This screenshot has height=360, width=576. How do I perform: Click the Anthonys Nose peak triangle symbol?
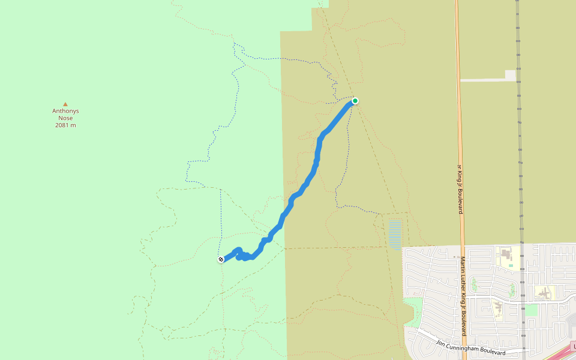pos(65,104)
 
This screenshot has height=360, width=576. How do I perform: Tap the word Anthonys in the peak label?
pos(65,111)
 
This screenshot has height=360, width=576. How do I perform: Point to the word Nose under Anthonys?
pos(65,118)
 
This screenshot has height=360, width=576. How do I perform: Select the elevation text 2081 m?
pos(65,125)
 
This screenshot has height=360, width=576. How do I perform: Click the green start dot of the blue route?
pos(355,101)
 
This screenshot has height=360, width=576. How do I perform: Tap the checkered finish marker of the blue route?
pos(221,259)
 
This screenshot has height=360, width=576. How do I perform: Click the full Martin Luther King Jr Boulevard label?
pos(463,296)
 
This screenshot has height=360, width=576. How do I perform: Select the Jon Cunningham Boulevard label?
pos(471,347)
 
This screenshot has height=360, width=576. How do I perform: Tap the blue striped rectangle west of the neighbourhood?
pos(395,234)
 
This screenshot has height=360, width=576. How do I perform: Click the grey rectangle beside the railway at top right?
pos(511,75)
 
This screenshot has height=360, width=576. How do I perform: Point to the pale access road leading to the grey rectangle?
pos(483,80)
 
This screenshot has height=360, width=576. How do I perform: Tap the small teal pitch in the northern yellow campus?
pos(511,265)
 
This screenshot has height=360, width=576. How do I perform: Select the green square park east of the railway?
pos(531,310)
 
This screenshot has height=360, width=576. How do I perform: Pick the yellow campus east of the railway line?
pos(545,293)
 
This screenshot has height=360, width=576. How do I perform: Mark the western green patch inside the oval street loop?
pos(474,284)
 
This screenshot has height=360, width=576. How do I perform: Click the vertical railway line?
pos(520,150)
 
